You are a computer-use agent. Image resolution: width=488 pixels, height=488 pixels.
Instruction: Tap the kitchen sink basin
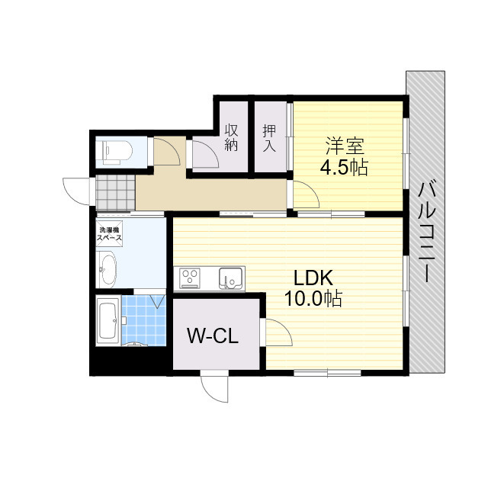pos(230,278)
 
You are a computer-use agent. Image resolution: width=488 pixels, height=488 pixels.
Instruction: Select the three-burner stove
pos(190,278)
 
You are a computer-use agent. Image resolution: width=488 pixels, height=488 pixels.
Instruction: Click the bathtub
pos(108,321)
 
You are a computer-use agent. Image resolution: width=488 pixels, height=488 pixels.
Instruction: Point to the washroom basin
pos(107,269)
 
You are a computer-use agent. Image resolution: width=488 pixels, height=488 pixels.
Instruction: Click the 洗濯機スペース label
pos(109,234)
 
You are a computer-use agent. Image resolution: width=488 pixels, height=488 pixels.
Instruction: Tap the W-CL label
pos(213,335)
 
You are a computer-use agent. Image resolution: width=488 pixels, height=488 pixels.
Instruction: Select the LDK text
pos(313,278)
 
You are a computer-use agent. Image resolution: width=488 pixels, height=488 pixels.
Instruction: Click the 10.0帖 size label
pos(313,298)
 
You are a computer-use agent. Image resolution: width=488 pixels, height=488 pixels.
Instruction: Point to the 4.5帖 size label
pos(344,167)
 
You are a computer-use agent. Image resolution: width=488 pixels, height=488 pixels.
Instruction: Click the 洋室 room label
pos(345,146)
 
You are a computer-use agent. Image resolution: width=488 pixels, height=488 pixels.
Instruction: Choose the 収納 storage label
pos(232,137)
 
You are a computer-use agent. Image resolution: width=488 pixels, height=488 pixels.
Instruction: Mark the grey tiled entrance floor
pos(116,193)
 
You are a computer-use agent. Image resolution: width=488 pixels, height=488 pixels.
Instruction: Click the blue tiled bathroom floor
pos(143,320)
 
